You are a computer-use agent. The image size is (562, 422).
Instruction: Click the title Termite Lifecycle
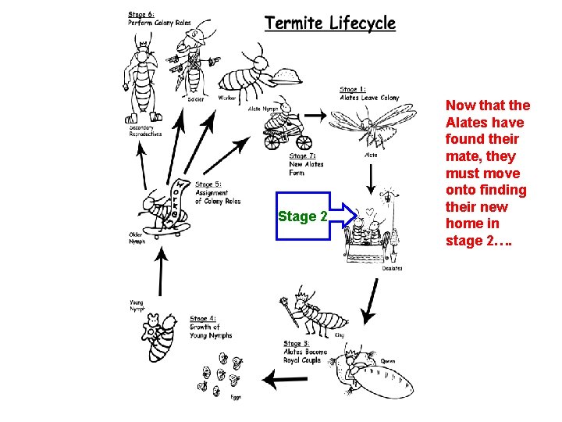click(329, 23)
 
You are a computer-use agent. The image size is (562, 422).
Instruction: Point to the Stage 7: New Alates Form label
click(306, 164)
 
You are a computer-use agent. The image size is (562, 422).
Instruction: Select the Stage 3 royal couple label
click(305, 352)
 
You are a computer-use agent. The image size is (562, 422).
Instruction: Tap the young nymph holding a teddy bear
click(165, 337)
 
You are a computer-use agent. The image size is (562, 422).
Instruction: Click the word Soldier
click(195, 99)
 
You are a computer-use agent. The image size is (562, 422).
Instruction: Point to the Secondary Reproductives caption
click(145, 131)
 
